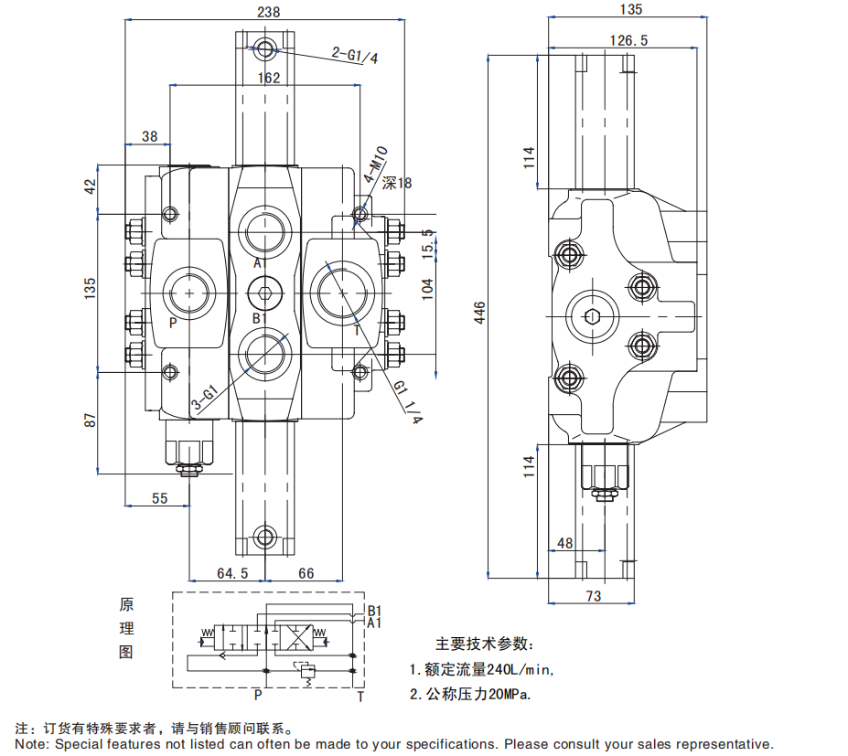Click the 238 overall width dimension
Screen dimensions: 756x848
pos(268,12)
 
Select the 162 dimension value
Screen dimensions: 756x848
pos(268,79)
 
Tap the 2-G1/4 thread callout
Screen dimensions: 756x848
pos(355,56)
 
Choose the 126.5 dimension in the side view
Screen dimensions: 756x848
pos(628,40)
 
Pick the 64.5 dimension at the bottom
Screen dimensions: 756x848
pos(232,573)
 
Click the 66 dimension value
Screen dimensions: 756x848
pos(306,573)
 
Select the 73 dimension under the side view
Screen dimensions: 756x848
pos(594,596)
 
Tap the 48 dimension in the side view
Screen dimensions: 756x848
pos(564,543)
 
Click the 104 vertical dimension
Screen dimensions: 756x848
pos(427,288)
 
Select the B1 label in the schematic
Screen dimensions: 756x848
pos(373,611)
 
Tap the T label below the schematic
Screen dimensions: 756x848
pos(360,697)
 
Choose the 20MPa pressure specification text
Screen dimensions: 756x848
pos(510,695)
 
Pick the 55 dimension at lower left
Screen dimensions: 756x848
pos(160,498)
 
